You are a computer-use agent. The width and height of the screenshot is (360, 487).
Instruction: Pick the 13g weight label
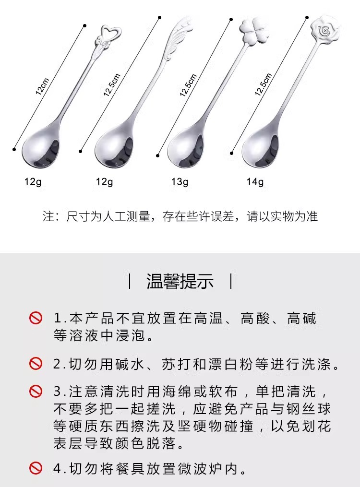click(180, 182)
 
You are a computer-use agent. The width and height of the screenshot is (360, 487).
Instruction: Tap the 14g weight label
click(255, 182)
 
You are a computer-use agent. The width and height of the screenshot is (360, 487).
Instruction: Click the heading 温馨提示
click(180, 282)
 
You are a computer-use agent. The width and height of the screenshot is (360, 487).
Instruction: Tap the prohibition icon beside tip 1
click(36, 318)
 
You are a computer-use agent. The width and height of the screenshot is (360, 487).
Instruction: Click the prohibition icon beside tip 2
click(36, 363)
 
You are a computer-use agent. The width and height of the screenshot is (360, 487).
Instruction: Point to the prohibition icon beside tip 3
click(36, 392)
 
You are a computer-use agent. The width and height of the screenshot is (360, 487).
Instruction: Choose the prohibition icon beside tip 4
click(36, 468)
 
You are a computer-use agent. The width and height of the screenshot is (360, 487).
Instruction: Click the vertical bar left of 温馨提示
click(130, 281)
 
